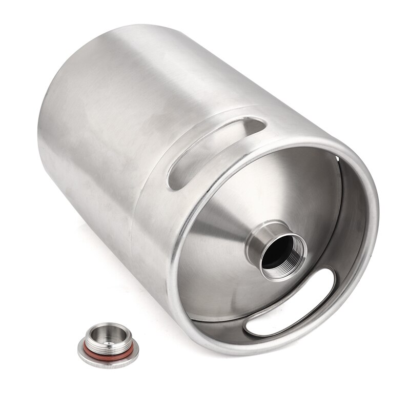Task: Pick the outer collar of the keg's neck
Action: [256, 241]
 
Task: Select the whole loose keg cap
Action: [108, 344]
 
